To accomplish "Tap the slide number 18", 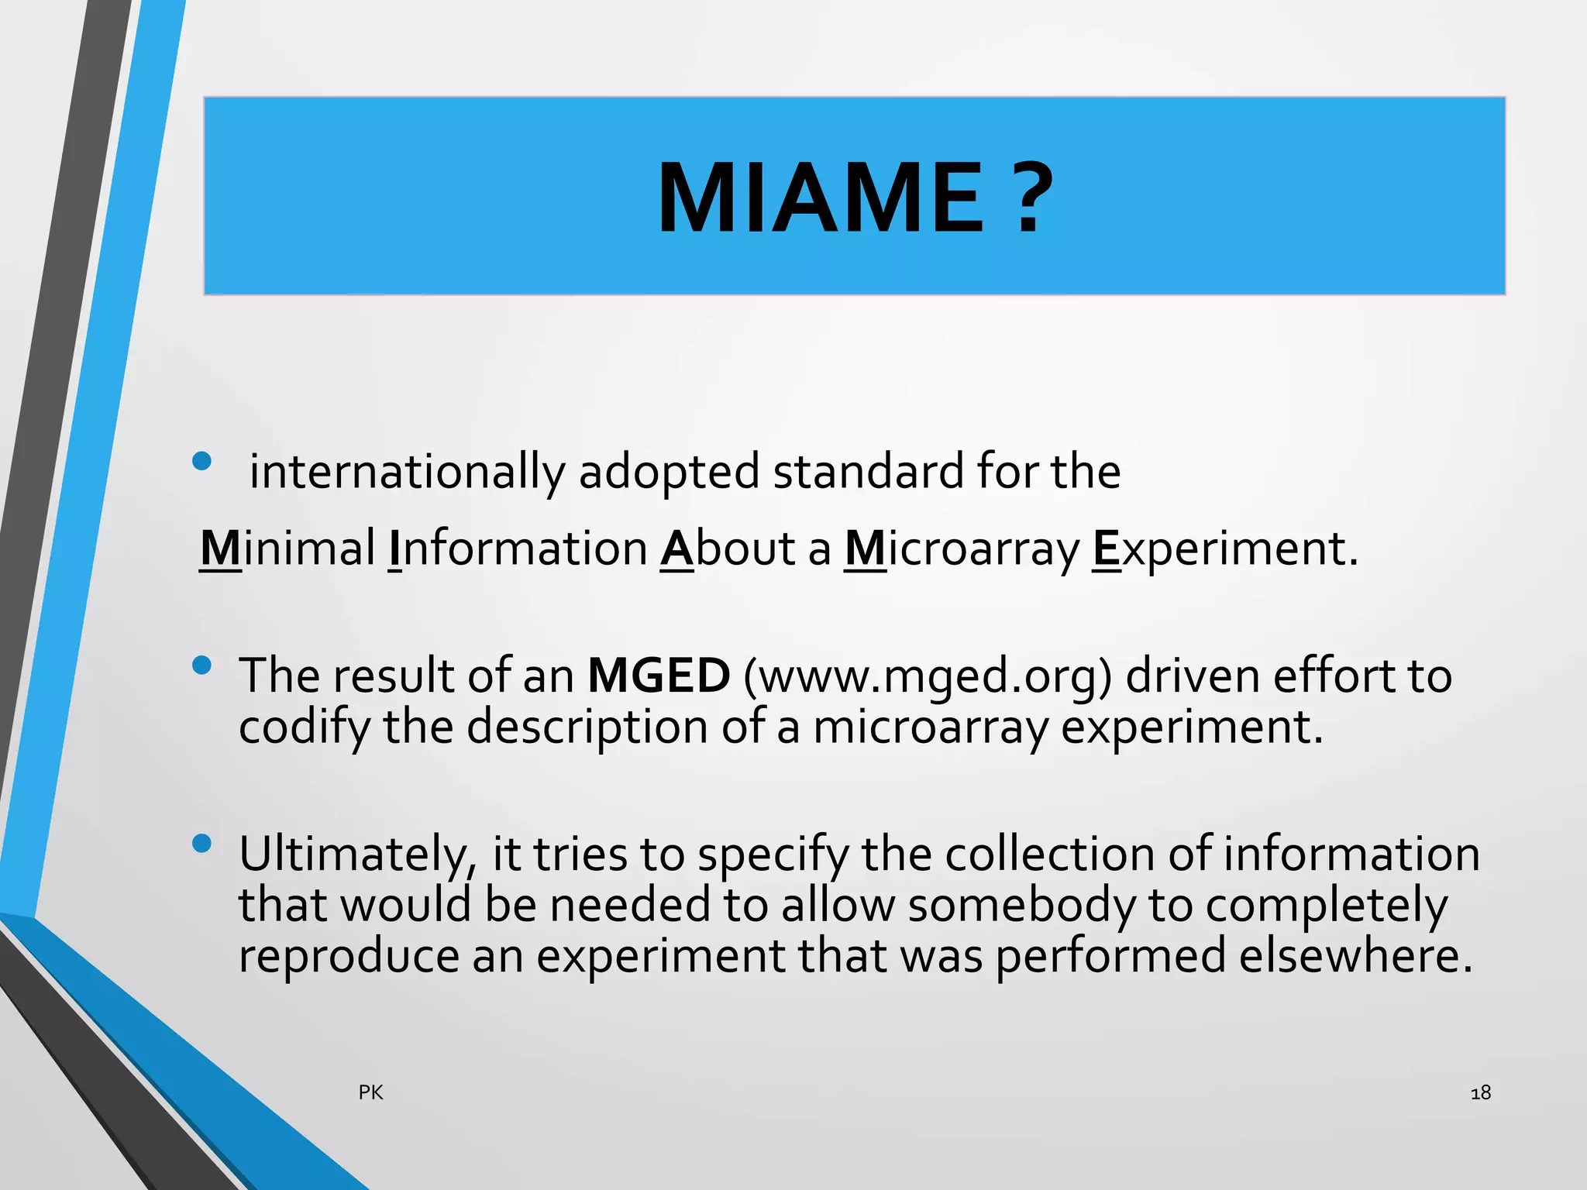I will [x=1480, y=1092].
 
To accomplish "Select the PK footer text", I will [x=370, y=1092].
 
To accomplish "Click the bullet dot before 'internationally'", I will [x=201, y=462].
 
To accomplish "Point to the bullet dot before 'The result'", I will [x=201, y=666].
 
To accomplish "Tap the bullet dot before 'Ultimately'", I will [x=201, y=844].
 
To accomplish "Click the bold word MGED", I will [x=659, y=676].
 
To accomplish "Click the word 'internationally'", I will [x=408, y=472].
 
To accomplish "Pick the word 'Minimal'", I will [x=287, y=549].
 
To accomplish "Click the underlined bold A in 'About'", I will [x=677, y=549].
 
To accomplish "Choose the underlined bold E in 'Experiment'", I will [x=1106, y=549].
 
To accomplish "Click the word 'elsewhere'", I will [x=1355, y=955].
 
